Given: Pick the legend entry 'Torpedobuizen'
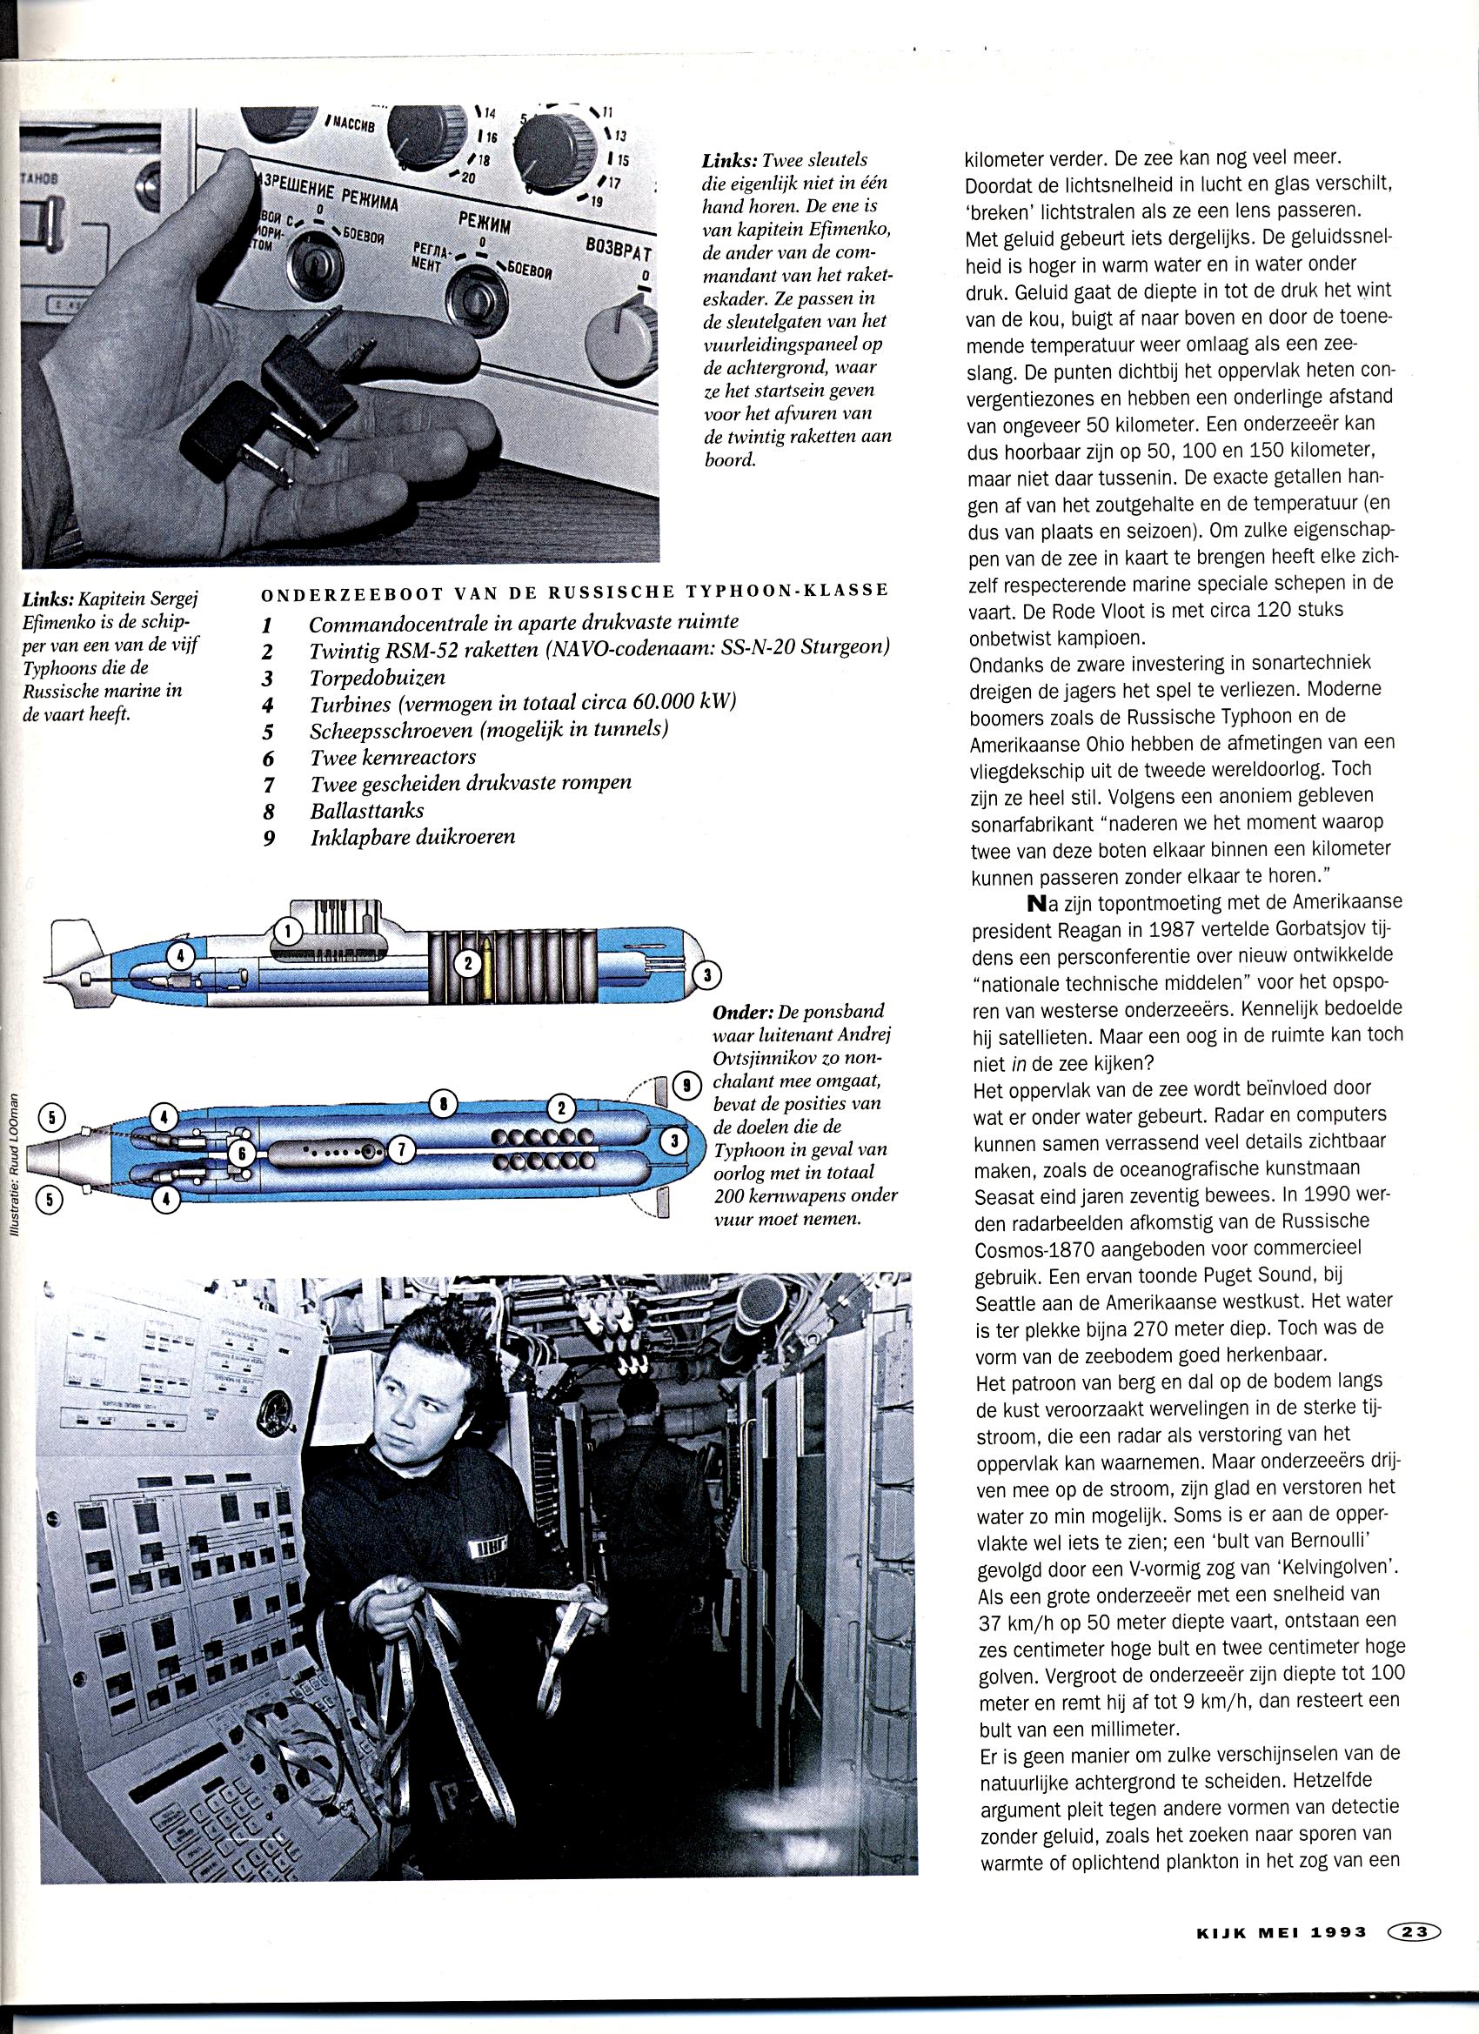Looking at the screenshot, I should tap(377, 677).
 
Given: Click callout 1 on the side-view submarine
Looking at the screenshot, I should tap(287, 932).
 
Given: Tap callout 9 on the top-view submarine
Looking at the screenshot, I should tap(686, 1086).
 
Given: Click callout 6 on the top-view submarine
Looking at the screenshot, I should tap(241, 1155).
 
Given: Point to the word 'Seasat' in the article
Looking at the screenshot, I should tap(1003, 1195).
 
